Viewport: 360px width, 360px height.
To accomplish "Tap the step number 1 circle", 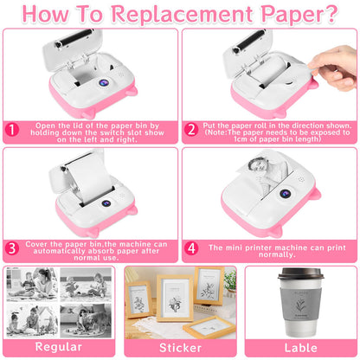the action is point(12,130).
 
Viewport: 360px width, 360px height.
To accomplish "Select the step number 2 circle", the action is point(191,130).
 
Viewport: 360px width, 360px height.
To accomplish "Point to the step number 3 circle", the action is point(12,248).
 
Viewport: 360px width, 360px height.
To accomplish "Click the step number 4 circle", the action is point(191,248).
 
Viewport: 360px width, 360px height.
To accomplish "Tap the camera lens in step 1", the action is point(104,83).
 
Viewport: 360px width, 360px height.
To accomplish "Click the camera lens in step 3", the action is point(106,203).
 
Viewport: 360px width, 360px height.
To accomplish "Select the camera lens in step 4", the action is point(285,194).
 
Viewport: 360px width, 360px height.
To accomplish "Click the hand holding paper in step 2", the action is point(334,67).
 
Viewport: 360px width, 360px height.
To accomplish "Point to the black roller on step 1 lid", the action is point(74,38).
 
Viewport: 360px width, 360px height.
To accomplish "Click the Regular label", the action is point(59,347).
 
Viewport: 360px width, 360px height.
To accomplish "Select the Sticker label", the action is point(180,348).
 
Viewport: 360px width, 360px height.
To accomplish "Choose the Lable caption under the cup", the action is point(301,348).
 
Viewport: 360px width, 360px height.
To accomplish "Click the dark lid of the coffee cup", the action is point(300,274).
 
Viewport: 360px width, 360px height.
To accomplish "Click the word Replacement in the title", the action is point(183,14).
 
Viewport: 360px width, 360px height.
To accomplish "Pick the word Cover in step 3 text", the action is point(36,244).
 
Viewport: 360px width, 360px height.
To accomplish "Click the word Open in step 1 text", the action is point(46,126).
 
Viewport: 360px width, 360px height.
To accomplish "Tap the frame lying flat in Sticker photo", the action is point(209,327).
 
